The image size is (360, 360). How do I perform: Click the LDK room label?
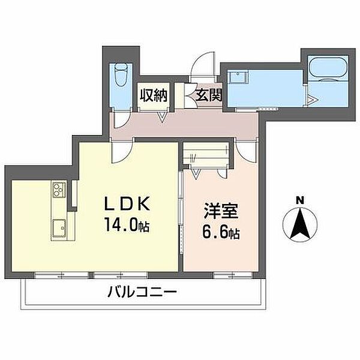[127, 203]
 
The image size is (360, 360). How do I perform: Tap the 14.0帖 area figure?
[127, 224]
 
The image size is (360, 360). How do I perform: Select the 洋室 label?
[221, 211]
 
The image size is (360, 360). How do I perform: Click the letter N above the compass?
[299, 200]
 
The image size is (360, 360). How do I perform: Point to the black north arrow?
[300, 223]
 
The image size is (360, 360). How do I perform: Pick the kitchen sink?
[59, 228]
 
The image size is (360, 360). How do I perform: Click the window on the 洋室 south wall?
[232, 275]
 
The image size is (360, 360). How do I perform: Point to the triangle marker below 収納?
[162, 116]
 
